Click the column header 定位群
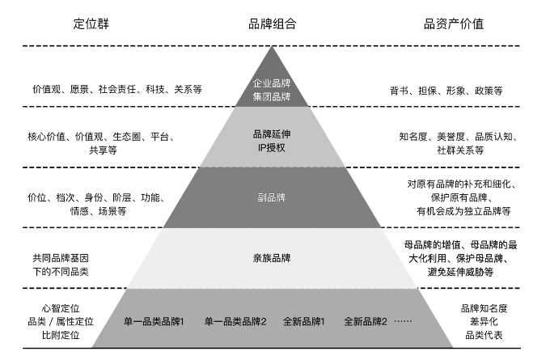(x=91, y=23)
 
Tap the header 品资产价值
(x=454, y=23)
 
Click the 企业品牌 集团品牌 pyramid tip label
(x=272, y=90)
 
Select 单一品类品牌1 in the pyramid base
(x=154, y=320)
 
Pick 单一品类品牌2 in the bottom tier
(x=235, y=320)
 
